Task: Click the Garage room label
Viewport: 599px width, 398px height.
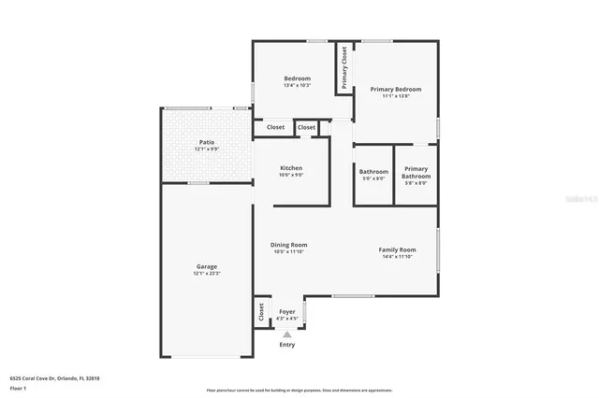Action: (x=206, y=266)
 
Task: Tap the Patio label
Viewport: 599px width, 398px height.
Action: (x=206, y=142)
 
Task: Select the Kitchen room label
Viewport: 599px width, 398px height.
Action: (x=291, y=168)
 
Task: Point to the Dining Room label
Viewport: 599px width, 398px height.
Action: (x=290, y=245)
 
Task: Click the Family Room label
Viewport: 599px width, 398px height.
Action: (x=397, y=249)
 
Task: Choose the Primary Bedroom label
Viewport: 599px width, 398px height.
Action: (x=396, y=89)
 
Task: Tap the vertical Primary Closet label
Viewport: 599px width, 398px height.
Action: (x=344, y=67)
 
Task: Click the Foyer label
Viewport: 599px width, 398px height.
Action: (x=286, y=312)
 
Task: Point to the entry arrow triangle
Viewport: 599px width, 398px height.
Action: (x=286, y=334)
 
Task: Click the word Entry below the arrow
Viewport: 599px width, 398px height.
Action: (x=286, y=345)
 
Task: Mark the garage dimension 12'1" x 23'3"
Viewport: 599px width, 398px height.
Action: (x=206, y=274)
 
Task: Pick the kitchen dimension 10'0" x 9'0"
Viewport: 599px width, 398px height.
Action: (x=291, y=176)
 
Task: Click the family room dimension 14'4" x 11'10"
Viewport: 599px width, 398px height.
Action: (x=397, y=257)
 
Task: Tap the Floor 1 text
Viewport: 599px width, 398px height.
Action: (x=18, y=387)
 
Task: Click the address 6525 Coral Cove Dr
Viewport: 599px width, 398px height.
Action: (x=54, y=378)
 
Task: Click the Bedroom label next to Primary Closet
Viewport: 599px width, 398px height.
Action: (x=297, y=78)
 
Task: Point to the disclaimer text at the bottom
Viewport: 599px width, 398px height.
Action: (x=299, y=391)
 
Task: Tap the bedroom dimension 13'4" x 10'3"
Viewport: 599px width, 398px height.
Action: (x=297, y=86)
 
